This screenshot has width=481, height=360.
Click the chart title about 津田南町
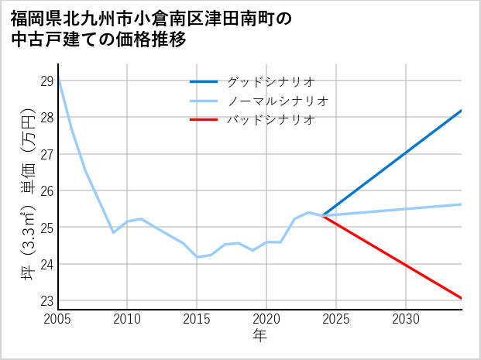tap(152, 29)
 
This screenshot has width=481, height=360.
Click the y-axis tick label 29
tap(46, 81)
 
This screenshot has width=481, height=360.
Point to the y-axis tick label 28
tap(46, 118)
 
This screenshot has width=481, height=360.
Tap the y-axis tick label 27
tap(46, 154)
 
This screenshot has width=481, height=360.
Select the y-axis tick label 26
tap(46, 191)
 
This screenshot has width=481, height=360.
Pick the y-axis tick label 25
tap(46, 228)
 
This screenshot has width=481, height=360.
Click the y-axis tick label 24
tap(46, 264)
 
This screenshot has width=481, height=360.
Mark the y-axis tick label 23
tap(46, 301)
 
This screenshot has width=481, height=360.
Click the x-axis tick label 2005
tap(58, 319)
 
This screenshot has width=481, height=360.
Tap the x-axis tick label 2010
tap(128, 319)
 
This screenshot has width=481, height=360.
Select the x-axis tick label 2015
tap(198, 319)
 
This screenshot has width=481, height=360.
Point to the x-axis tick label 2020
tap(266, 319)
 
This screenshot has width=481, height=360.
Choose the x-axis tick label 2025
tap(336, 319)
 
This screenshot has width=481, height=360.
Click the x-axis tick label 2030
tap(406, 319)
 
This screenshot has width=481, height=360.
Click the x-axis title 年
tap(259, 336)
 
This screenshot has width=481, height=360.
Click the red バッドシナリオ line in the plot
tap(395, 259)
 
